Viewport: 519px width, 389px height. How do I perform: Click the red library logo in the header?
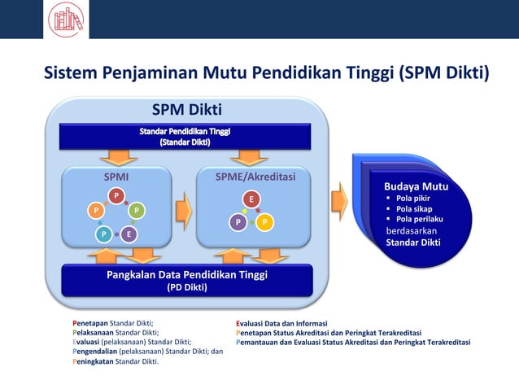68,19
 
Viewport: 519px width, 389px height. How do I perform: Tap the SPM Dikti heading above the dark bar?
187,110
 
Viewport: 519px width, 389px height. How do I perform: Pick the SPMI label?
116,176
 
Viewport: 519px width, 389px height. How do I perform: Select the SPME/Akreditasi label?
255,176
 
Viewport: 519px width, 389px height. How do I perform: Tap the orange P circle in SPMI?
95,211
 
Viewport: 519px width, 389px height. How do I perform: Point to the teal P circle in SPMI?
103,234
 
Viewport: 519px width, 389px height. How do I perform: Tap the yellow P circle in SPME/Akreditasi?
265,221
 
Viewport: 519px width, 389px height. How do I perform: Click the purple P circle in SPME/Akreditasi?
238,221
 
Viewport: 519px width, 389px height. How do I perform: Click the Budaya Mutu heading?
416,186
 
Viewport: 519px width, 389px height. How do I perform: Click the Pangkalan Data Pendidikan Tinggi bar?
187,280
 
